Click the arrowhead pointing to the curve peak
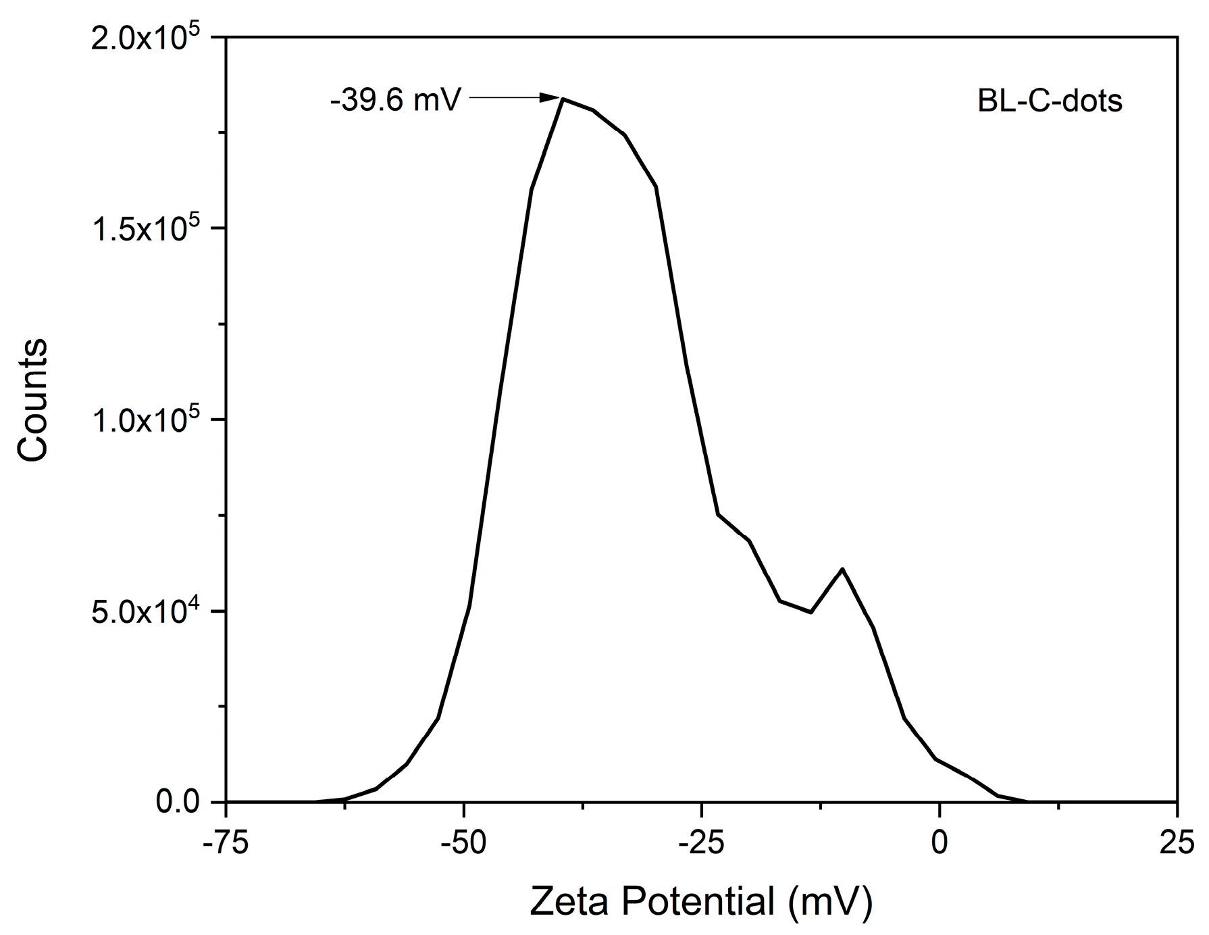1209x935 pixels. (550, 99)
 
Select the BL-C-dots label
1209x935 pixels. (1050, 101)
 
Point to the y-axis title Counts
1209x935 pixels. (32, 400)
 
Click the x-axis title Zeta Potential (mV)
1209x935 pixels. (700, 901)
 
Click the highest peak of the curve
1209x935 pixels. (563, 99)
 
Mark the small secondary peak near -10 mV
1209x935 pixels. (842, 569)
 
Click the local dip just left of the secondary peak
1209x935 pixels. (811, 612)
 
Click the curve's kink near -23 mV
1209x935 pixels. (718, 514)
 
